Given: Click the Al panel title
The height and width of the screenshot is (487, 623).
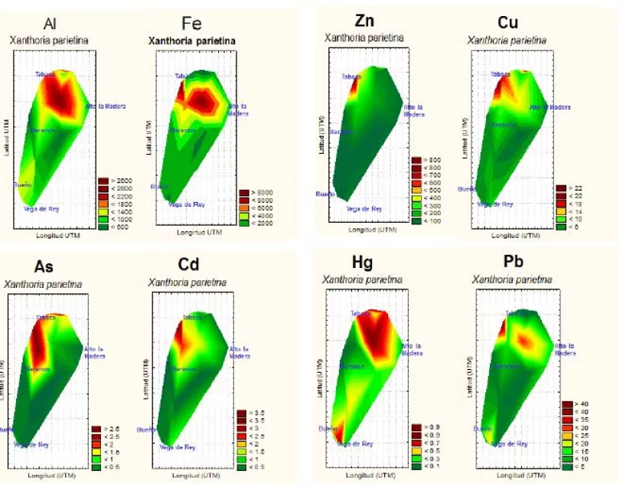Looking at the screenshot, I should point(51,24).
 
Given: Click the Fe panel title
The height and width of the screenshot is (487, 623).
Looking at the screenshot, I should point(192,23).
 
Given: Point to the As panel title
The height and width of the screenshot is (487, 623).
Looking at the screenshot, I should point(44,267).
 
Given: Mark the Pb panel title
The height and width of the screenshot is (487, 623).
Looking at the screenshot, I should point(492,264).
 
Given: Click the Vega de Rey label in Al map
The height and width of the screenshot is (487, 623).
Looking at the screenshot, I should point(41,208).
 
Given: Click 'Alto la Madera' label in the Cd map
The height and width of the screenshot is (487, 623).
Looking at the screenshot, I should point(240,352).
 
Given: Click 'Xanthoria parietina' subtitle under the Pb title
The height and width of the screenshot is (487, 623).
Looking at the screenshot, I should point(506,281).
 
